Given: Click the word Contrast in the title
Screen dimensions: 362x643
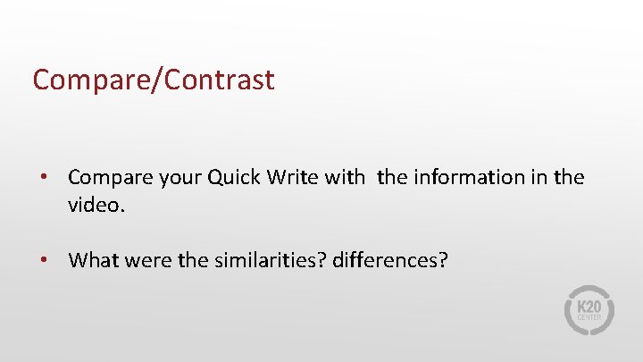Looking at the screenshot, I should (x=221, y=80).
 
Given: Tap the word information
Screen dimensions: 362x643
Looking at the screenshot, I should (x=462, y=177).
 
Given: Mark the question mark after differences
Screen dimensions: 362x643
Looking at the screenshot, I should (x=443, y=260).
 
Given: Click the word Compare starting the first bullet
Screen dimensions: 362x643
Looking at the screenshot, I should (x=106, y=177).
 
